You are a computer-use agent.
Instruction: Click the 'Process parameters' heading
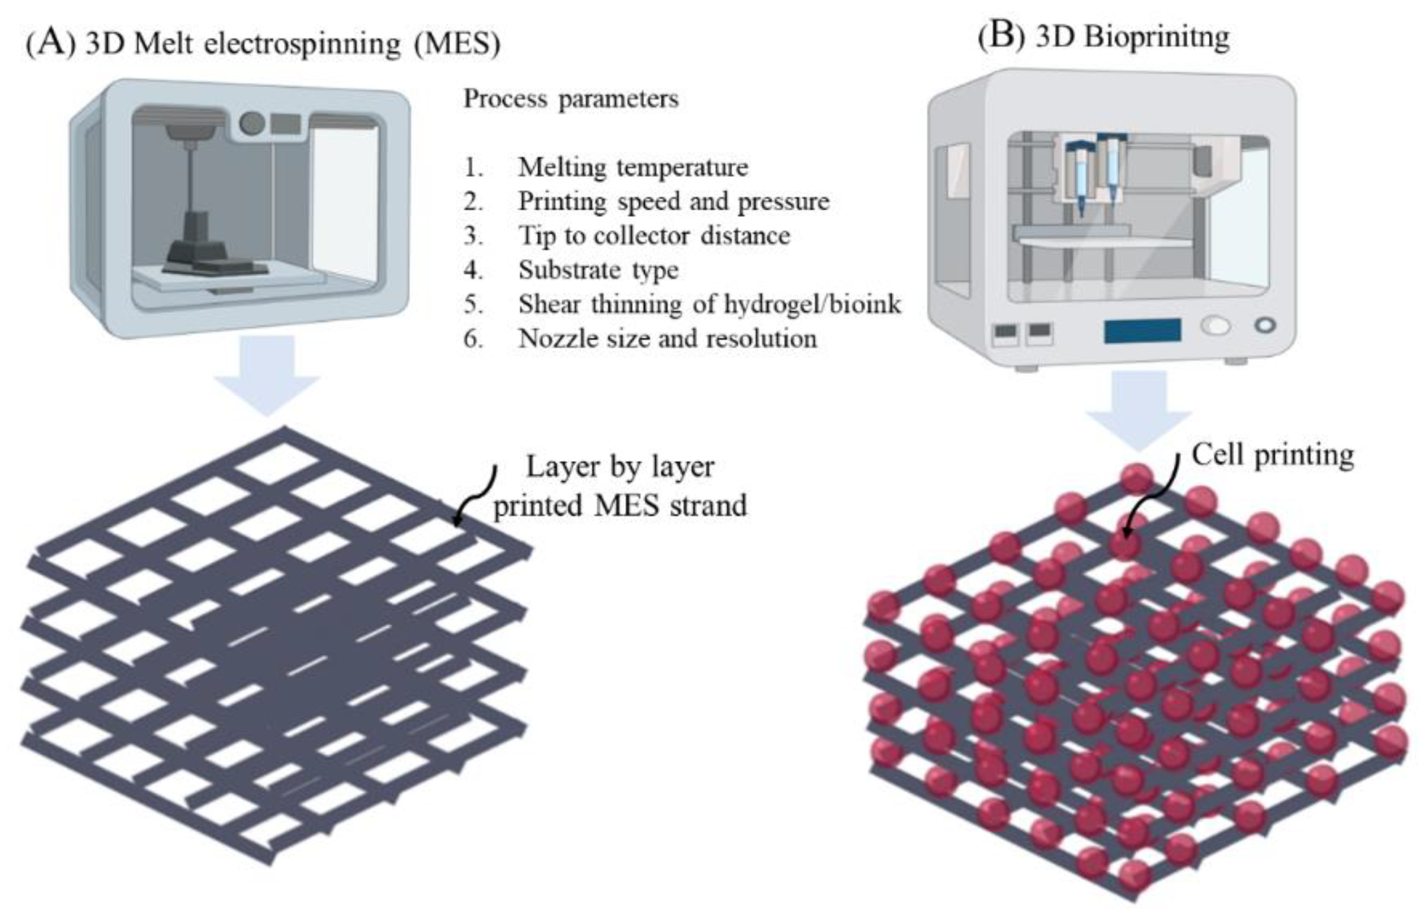point(571,99)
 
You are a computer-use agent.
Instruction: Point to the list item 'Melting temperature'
point(633,167)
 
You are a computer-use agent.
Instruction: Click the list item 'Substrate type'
point(598,270)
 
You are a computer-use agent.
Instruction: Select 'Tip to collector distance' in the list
point(654,236)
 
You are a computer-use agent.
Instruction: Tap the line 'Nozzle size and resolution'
point(667,339)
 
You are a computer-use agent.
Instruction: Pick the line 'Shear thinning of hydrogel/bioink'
point(709,304)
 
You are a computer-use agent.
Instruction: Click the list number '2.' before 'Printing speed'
point(473,202)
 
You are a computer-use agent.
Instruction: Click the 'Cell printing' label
point(1273,455)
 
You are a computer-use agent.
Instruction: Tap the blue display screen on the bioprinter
point(1142,330)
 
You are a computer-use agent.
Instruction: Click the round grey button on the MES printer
point(252,124)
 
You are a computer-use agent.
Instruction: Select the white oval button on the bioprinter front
point(1216,326)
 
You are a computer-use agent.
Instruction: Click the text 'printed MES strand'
point(620,506)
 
